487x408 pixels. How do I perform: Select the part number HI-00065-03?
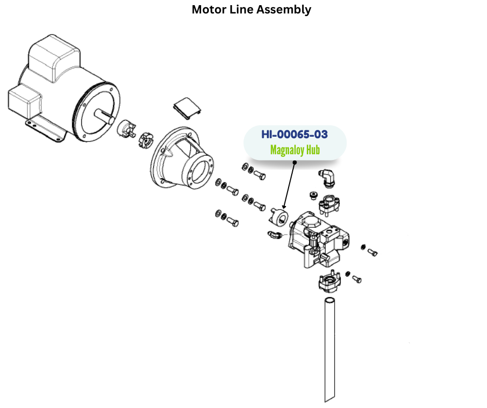(294, 135)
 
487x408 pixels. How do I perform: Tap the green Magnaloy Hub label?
(295, 151)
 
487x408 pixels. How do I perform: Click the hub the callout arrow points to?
(280, 216)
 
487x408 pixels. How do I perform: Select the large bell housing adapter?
(181, 158)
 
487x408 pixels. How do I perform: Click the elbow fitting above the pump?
(327, 177)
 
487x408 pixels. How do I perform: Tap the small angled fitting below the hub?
(275, 236)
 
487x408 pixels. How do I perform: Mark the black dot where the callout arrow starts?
(294, 162)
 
